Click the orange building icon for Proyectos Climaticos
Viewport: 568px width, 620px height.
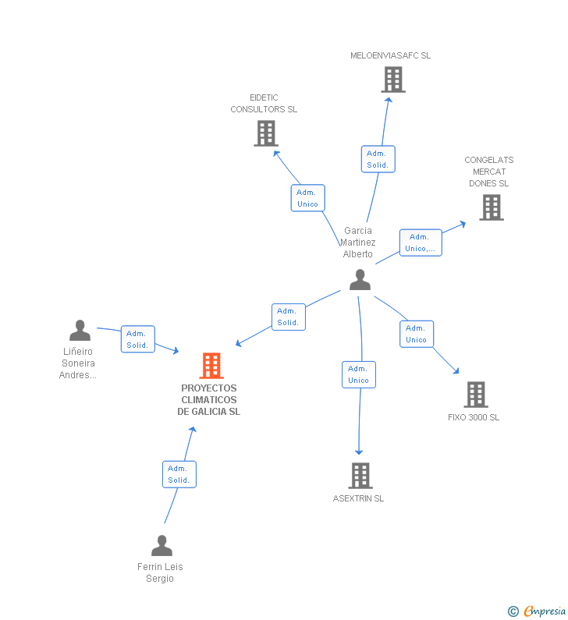[211, 365]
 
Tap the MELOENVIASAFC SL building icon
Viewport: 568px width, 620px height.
[392, 79]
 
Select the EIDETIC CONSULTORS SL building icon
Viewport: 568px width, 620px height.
[266, 133]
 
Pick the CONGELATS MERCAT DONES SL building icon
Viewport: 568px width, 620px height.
[491, 207]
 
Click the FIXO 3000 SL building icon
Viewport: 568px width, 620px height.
[475, 395]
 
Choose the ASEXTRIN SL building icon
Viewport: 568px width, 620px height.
[360, 475]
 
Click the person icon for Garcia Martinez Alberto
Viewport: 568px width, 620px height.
[360, 279]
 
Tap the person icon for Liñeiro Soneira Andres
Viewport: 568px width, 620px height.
[80, 331]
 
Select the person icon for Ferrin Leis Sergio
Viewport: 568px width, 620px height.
[162, 546]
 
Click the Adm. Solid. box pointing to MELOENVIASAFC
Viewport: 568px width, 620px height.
[378, 159]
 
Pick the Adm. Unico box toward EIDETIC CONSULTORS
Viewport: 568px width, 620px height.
[307, 198]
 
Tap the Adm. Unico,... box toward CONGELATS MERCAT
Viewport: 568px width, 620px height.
[421, 243]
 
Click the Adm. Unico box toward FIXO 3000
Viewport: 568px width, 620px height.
[417, 334]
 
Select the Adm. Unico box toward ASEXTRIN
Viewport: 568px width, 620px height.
[359, 374]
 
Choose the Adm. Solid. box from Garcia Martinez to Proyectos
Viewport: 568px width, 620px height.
[288, 317]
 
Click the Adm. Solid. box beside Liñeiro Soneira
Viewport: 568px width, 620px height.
[138, 339]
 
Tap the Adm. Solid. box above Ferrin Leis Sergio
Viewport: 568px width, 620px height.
[179, 474]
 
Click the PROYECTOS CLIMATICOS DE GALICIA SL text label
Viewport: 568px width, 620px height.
[208, 400]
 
